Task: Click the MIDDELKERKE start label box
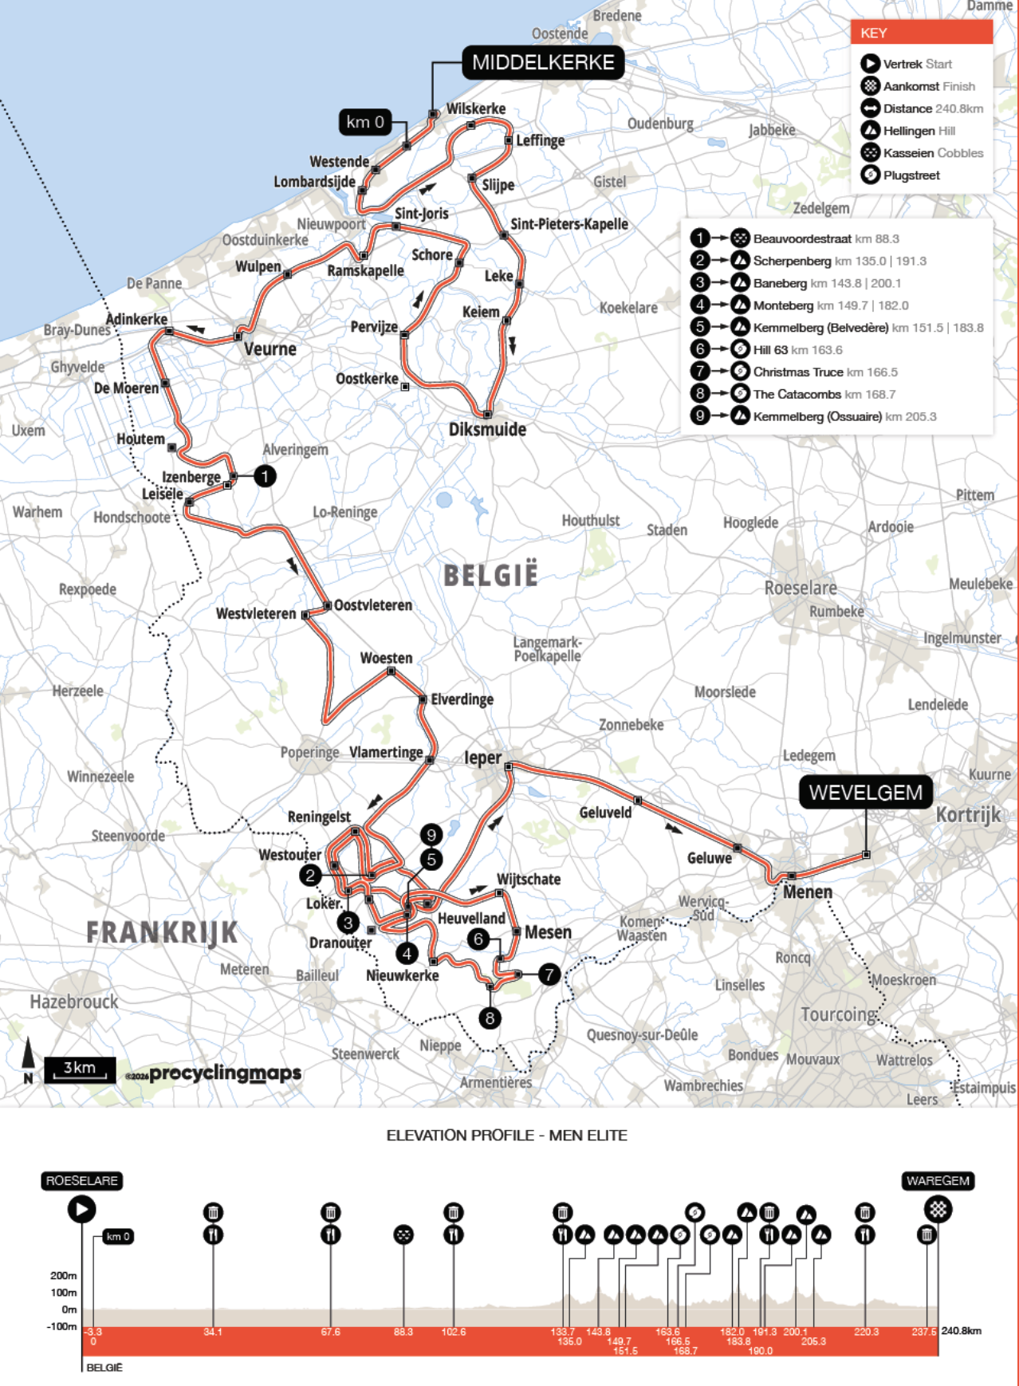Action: point(543,63)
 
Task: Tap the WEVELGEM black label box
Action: point(865,792)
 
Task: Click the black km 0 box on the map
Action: point(365,122)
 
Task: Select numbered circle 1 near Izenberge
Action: point(265,476)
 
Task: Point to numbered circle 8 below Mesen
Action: point(490,1018)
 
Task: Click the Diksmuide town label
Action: point(487,430)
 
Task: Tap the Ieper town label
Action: point(483,758)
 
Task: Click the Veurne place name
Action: point(270,349)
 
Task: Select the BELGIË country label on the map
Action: point(490,575)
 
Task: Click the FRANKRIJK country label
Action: point(162,932)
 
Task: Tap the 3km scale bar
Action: point(80,1069)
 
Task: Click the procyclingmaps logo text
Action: point(225,1073)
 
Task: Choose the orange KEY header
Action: point(922,33)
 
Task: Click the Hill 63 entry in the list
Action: point(797,349)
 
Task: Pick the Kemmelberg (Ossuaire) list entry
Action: point(844,416)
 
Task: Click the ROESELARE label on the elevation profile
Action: point(82,1181)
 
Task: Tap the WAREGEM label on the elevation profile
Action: point(938,1181)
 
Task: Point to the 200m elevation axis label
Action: point(64,1275)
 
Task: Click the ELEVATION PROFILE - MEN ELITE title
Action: point(506,1135)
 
